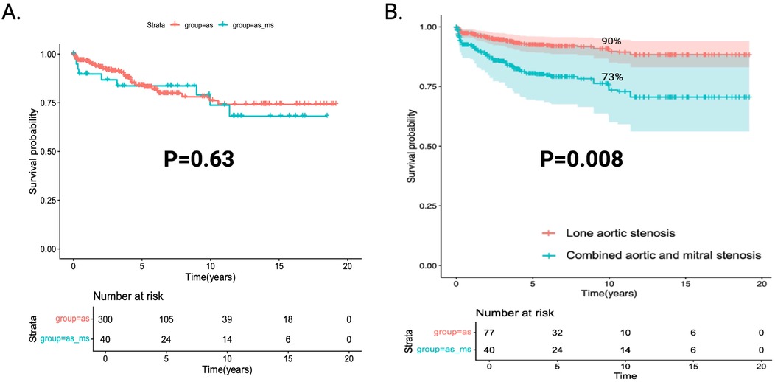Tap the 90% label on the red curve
point(611,41)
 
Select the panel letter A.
point(15,13)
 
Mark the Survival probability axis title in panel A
point(33,151)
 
